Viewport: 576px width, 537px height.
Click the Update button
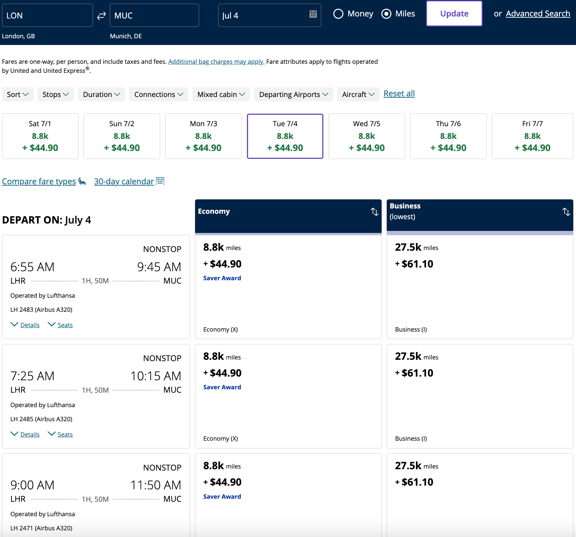[x=454, y=14]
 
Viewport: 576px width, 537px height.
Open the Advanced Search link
[x=538, y=14]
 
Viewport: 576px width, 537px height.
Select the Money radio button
[x=338, y=14]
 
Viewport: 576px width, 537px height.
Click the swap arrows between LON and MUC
[x=101, y=15]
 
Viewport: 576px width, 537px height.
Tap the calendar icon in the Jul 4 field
[x=313, y=14]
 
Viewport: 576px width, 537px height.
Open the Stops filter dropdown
[x=55, y=95]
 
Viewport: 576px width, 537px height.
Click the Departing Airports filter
[x=293, y=95]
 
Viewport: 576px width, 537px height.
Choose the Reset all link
[x=399, y=94]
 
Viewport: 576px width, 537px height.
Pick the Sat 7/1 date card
[x=40, y=136]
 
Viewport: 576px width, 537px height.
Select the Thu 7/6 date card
[x=448, y=136]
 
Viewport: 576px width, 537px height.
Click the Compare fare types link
[x=39, y=182]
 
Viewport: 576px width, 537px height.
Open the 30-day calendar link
[x=124, y=182]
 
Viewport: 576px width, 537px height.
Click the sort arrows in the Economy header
[x=375, y=212]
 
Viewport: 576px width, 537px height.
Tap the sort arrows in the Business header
[x=566, y=212]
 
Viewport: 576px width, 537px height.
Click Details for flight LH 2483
[x=30, y=325]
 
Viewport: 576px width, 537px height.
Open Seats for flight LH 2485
[x=65, y=434]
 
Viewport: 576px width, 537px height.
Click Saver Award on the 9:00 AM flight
[x=222, y=496]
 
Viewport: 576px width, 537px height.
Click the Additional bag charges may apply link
[x=216, y=62]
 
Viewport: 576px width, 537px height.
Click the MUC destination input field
[x=154, y=15]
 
